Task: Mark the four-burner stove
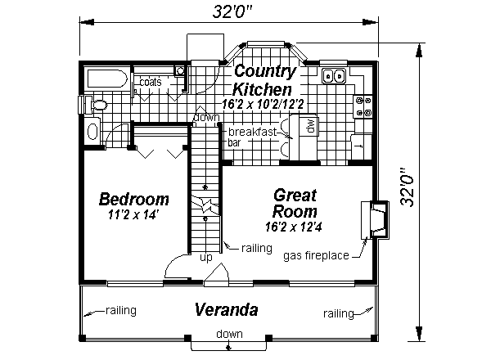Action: [x=363, y=106]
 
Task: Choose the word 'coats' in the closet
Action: [x=150, y=83]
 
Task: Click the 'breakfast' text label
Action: [x=250, y=132]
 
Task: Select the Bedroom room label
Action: [x=134, y=199]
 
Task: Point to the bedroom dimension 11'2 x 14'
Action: [x=133, y=216]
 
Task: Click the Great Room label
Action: [x=295, y=203]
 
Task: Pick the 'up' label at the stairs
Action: [x=206, y=257]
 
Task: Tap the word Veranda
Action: [x=227, y=310]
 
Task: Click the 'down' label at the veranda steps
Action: [x=228, y=334]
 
